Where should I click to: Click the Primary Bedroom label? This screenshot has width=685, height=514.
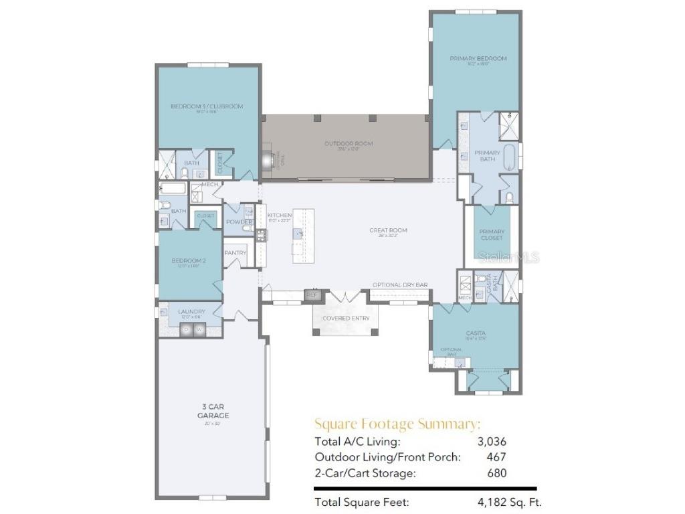(478, 59)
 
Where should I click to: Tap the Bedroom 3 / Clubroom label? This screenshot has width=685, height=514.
(207, 106)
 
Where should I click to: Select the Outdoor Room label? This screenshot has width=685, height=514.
(349, 143)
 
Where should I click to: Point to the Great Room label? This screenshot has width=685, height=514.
(388, 230)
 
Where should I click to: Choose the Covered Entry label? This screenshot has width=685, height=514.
(345, 318)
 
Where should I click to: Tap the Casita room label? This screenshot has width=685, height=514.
(476, 333)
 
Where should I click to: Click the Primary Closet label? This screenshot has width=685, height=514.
(491, 234)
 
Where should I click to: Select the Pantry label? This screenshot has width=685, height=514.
(235, 253)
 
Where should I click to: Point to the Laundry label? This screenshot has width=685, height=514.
(191, 311)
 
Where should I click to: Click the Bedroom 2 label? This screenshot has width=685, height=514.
(188, 260)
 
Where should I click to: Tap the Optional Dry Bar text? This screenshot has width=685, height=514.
(400, 284)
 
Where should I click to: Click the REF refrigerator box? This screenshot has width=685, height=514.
(312, 294)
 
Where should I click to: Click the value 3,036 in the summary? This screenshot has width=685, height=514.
(492, 441)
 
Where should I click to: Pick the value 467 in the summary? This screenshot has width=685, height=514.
(496, 457)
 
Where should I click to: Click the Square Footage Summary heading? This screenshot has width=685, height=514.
(397, 424)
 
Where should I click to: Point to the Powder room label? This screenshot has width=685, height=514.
(238, 222)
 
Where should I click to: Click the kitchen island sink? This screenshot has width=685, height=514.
(296, 233)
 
